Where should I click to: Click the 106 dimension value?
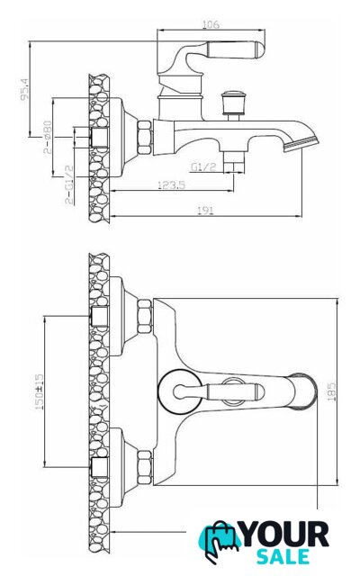pyautogui.click(x=211, y=24)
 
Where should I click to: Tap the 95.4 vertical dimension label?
pyautogui.click(x=24, y=89)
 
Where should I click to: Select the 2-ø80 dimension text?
pyautogui.click(x=48, y=137)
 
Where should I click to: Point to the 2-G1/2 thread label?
pyautogui.click(x=68, y=184)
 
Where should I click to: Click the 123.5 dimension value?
pyautogui.click(x=171, y=184)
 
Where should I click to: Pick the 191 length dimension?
pyautogui.click(x=205, y=211)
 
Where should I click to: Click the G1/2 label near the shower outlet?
pyautogui.click(x=203, y=167)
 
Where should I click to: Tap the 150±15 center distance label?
pyautogui.click(x=39, y=392)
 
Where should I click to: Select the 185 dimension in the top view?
pyautogui.click(x=331, y=391)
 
